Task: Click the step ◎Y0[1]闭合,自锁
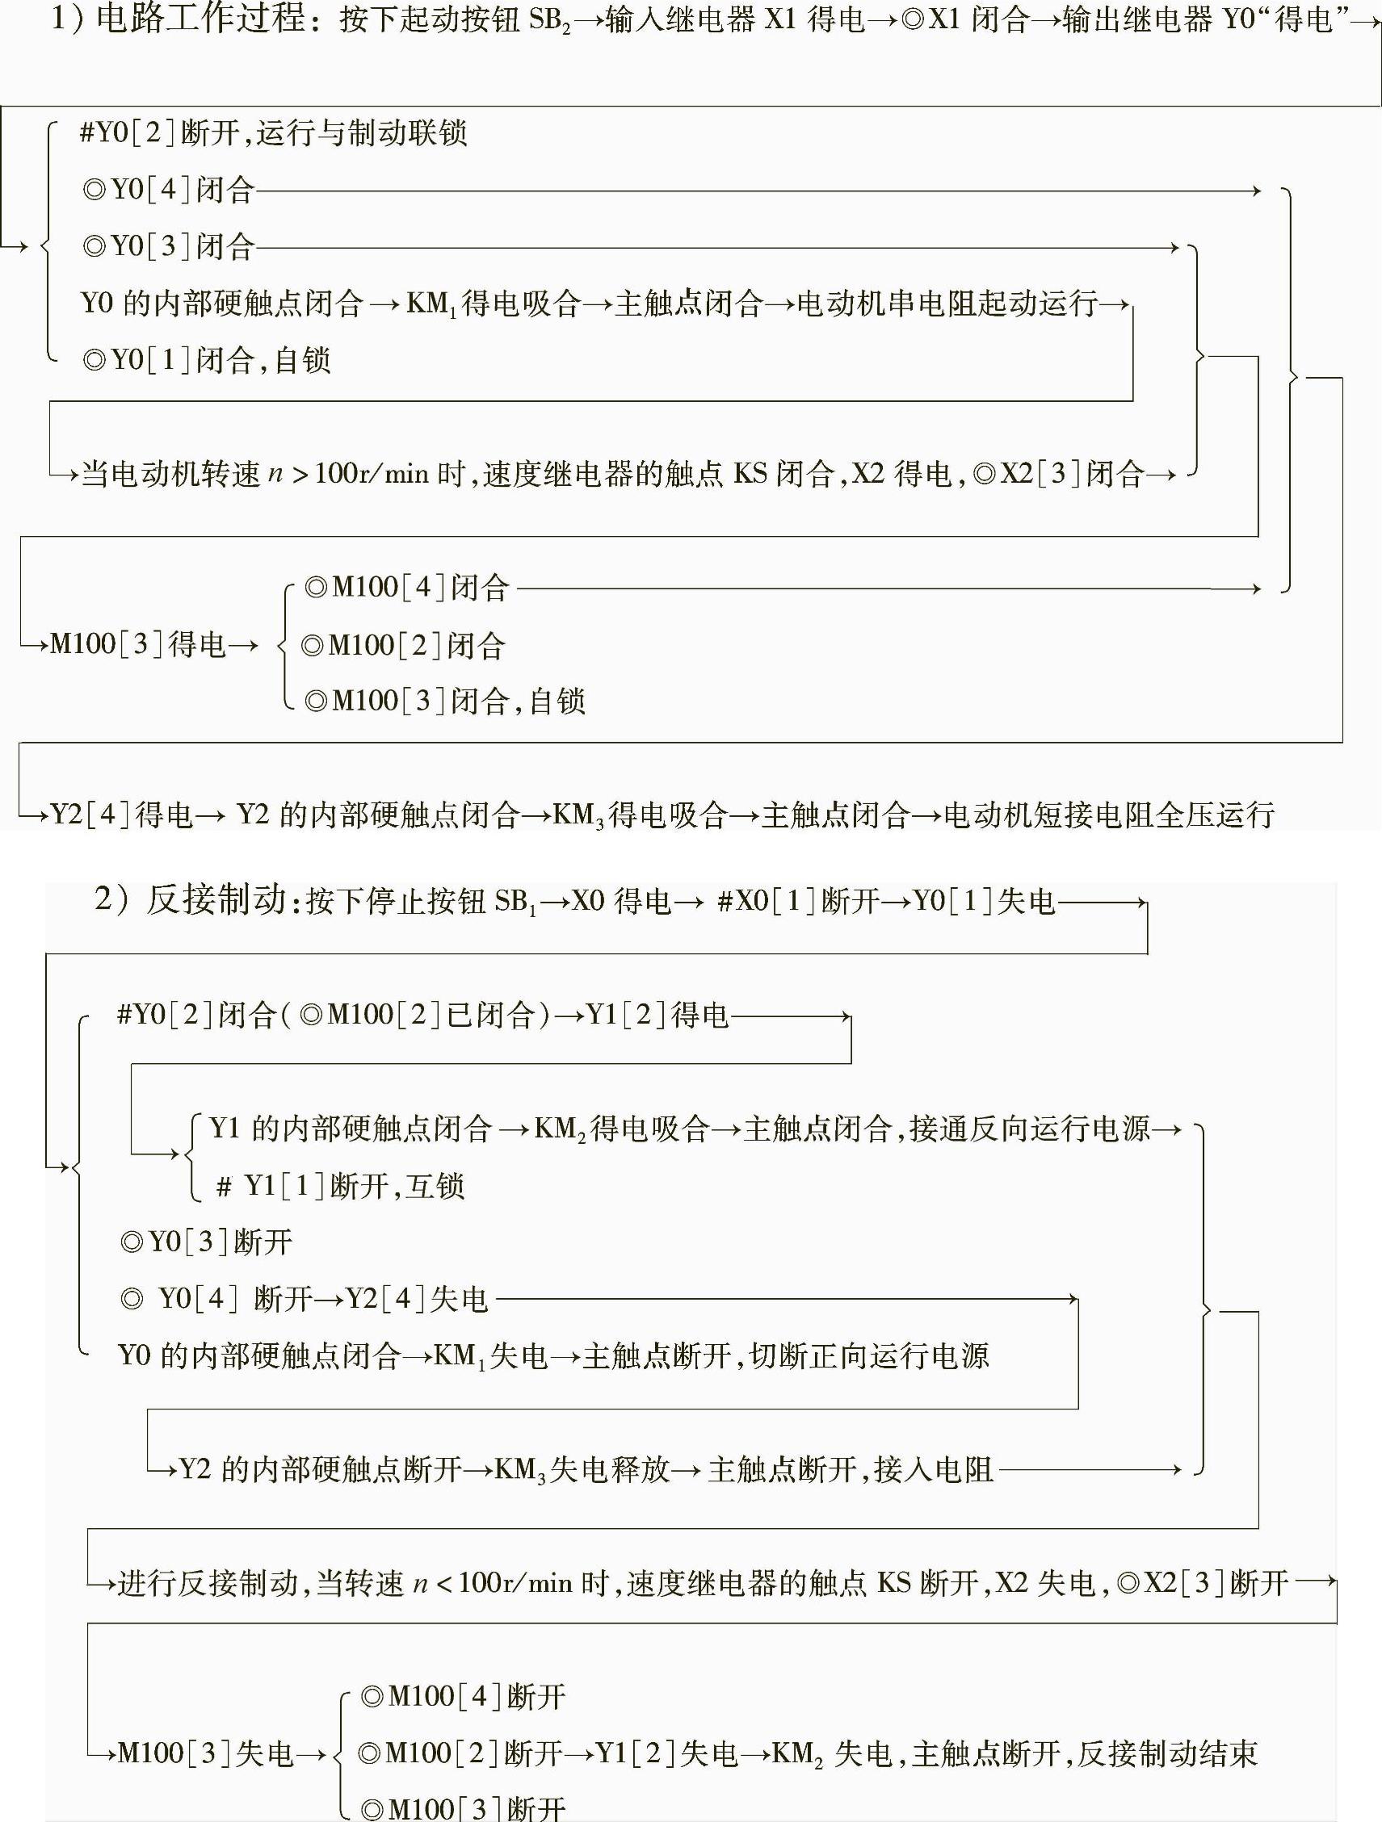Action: (x=206, y=360)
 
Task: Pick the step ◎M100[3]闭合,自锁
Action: (x=444, y=701)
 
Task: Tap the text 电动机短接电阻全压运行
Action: (x=1109, y=815)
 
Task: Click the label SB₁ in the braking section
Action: (x=516, y=902)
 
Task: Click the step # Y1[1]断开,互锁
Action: (x=340, y=1186)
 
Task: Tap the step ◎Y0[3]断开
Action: (x=206, y=1242)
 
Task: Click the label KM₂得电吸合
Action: (x=621, y=1129)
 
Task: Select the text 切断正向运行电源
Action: (x=868, y=1355)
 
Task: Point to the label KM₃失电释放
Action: (x=582, y=1469)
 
